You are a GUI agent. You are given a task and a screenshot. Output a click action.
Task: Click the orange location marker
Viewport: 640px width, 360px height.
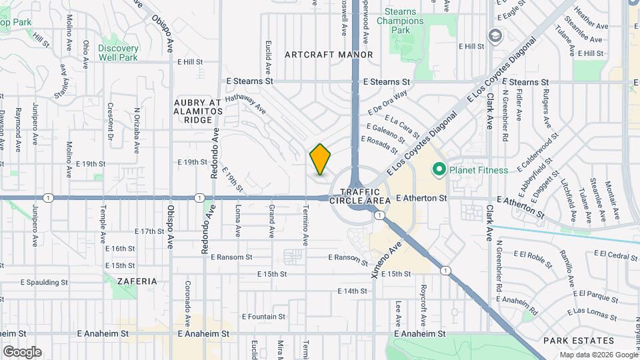321,159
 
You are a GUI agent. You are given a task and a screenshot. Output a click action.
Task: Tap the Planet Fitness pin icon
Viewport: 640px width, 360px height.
439,170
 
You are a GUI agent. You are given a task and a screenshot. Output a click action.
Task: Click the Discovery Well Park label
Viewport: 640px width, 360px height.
118,53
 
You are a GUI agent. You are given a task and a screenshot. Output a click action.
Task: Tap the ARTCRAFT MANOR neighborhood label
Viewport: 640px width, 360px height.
329,54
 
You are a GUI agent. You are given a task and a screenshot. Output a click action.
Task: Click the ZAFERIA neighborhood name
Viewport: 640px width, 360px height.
137,281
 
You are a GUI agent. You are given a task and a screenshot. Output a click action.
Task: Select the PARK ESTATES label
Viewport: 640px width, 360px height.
569,340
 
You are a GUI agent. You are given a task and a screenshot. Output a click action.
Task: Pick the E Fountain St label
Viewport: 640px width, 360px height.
263,317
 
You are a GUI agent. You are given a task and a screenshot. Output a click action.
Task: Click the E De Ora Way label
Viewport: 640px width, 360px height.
387,103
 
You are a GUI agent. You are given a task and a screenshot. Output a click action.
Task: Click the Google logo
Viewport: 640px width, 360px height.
22,351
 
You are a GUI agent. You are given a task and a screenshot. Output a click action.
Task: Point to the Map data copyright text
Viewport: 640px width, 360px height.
597,355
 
